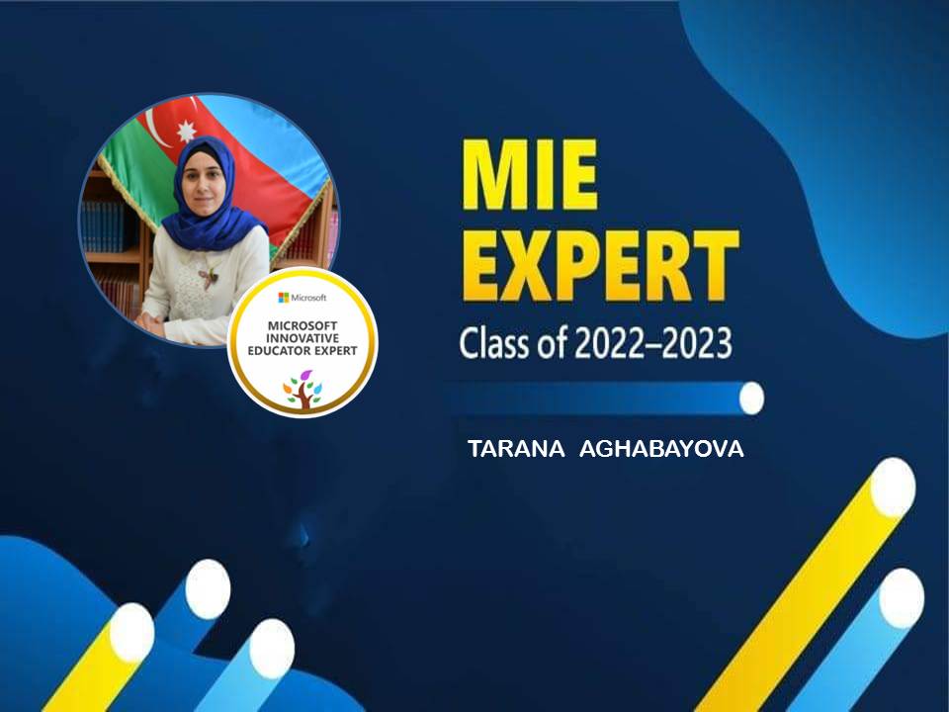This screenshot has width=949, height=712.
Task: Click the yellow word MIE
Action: click(530, 175)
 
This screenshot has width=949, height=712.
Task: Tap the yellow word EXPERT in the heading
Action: click(600, 266)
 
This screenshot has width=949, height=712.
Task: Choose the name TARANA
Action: click(516, 449)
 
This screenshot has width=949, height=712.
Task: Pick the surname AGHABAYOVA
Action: click(661, 449)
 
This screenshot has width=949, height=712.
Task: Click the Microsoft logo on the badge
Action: click(284, 298)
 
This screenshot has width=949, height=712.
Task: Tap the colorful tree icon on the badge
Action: click(302, 392)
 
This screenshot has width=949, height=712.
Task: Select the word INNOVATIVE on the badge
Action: click(302, 338)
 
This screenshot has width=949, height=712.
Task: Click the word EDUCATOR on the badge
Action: click(277, 350)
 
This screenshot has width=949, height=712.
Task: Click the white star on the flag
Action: click(186, 131)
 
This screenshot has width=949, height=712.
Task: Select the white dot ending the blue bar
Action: click(751, 399)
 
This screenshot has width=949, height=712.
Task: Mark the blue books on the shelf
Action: click(103, 226)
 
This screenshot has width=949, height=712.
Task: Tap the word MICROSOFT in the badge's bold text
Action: click(302, 325)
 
